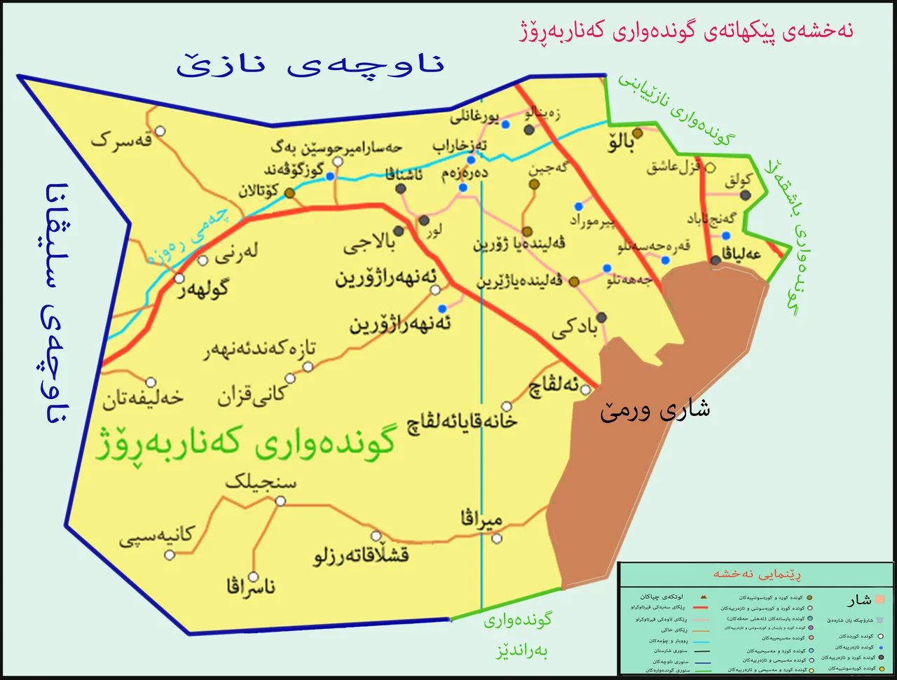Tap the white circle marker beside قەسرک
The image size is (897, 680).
coord(160,131)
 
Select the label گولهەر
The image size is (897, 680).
coord(203,289)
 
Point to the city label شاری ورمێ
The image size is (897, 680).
coord(655,410)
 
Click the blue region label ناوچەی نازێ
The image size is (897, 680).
coord(310,65)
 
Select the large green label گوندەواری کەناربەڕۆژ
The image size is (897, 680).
coord(245,443)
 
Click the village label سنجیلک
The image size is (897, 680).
coord(261,483)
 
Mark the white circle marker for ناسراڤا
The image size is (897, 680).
coord(254,577)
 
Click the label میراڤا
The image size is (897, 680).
coord(481,520)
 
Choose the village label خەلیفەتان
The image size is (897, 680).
coord(143,399)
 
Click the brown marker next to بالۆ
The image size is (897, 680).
coord(638,133)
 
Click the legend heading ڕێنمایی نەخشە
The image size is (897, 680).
coord(757,574)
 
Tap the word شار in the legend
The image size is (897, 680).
coord(858,600)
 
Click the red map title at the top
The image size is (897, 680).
coord(686,32)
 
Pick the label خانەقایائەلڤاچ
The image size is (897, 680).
coord(463,422)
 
